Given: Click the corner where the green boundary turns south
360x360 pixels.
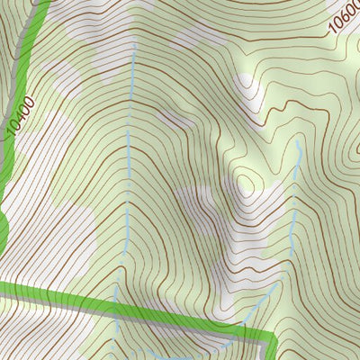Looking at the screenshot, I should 270,337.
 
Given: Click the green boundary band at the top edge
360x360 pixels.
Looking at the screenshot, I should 36,4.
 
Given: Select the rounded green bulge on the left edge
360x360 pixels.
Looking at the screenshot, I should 3,229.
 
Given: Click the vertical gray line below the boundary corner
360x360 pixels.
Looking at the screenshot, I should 273,351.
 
